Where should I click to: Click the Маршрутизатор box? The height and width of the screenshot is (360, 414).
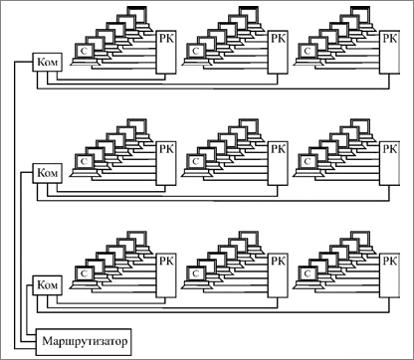coord(84,342)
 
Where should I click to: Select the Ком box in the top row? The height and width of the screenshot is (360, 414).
coord(47,62)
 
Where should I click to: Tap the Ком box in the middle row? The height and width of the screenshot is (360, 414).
coord(47,173)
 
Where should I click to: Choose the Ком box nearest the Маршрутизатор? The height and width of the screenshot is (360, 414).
coord(47,284)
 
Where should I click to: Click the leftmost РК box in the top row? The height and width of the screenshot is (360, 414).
coord(166,53)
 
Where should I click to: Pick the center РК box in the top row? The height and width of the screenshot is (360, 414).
coord(278,53)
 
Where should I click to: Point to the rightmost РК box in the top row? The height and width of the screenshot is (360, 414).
coord(390,53)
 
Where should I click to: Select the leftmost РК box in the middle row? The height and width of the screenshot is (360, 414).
coord(166,164)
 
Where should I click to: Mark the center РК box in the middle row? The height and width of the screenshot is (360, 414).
coord(278,164)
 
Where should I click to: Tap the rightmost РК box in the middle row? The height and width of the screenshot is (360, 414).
coord(390,164)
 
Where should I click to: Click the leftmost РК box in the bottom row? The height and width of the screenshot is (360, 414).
coord(166,275)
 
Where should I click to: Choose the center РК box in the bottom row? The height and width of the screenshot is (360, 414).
coord(278,275)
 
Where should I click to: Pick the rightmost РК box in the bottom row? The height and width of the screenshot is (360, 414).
coord(390,275)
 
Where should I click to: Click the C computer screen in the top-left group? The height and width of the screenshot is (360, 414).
coord(85,51)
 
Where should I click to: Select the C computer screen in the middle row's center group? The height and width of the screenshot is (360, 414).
coord(196,162)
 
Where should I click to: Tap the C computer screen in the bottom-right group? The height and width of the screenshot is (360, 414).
coord(308,274)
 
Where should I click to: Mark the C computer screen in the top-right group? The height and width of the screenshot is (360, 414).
coord(308,51)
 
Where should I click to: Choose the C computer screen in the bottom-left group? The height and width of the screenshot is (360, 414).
coord(85,274)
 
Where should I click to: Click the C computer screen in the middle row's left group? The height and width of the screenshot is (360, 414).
coord(85,162)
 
